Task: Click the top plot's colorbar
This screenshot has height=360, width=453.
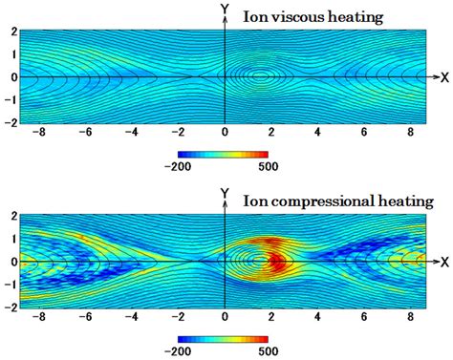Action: click(x=224, y=153)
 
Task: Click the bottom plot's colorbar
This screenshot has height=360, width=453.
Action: click(x=224, y=337)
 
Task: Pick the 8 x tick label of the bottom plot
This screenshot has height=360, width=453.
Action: click(x=411, y=318)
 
